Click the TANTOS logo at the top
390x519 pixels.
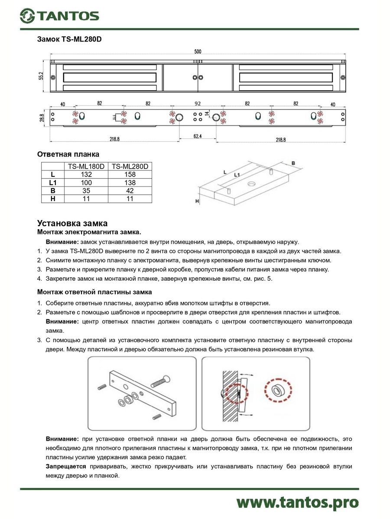point(59,16)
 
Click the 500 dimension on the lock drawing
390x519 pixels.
point(198,51)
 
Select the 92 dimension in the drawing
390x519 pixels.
point(198,104)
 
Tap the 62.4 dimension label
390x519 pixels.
point(197,136)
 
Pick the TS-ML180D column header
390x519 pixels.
point(86,167)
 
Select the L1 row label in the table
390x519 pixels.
point(52,183)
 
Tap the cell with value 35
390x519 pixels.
point(86,191)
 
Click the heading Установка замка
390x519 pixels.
point(72,224)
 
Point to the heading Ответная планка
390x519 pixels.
point(68,154)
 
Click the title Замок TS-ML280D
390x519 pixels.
point(69,39)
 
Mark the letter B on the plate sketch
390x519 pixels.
point(293,163)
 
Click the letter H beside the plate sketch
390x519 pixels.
point(197,201)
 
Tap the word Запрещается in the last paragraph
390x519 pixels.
point(66,467)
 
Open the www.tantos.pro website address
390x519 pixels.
point(298,502)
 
